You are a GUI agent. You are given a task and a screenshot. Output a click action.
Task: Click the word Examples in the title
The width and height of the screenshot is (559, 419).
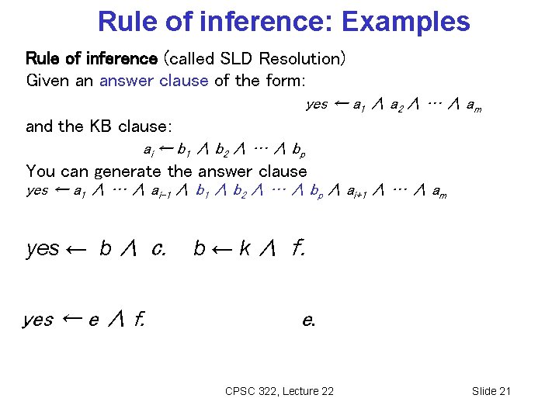[x=405, y=21]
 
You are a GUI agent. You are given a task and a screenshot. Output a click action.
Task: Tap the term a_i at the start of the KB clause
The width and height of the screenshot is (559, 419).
[x=148, y=149]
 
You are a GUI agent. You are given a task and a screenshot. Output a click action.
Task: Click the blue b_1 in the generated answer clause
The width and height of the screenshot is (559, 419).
[x=203, y=192]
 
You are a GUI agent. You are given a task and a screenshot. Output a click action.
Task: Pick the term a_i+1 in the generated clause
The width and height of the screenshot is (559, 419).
[x=356, y=192]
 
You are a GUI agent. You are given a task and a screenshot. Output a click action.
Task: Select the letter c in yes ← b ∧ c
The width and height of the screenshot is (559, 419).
[x=158, y=248]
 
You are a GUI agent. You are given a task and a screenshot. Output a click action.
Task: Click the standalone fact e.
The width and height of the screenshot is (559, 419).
[x=308, y=320]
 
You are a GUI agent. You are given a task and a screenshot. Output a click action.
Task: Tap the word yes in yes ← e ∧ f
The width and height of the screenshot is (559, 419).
[x=38, y=319]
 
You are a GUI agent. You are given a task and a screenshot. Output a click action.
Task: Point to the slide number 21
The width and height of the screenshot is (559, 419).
[x=503, y=391]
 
